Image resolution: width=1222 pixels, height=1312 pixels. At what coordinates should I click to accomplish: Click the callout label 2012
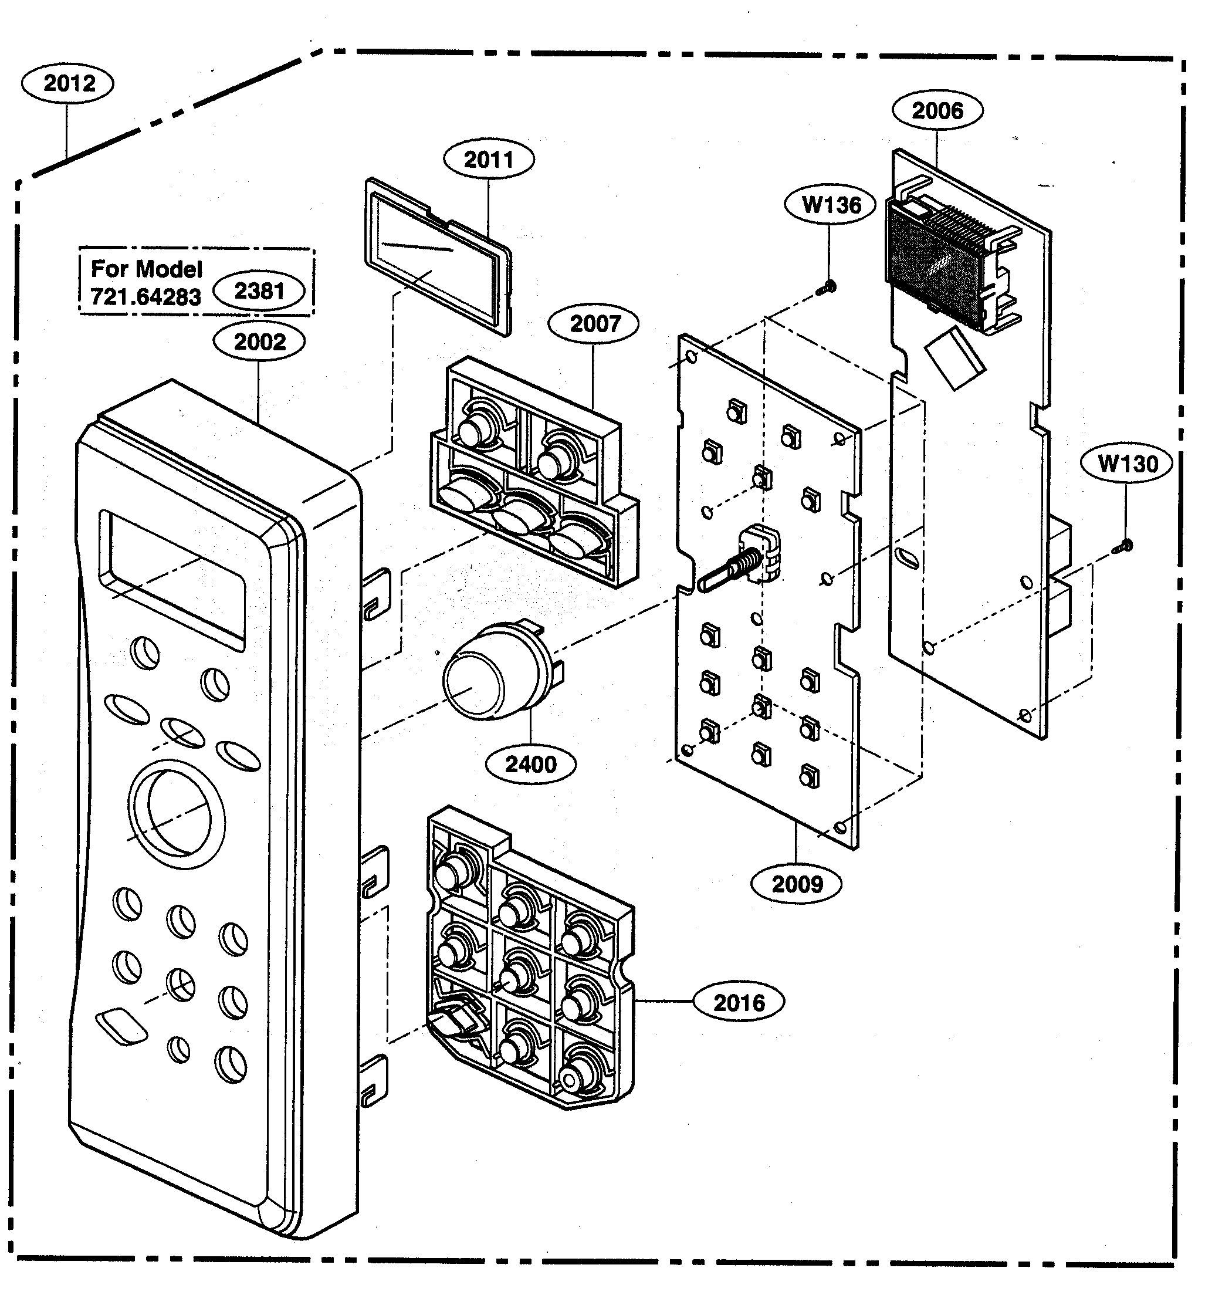[68, 84]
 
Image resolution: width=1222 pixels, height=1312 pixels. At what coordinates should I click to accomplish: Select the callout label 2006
[937, 111]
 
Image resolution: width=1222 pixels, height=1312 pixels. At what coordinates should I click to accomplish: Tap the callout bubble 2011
[488, 160]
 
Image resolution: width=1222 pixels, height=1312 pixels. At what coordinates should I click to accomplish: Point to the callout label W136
[831, 205]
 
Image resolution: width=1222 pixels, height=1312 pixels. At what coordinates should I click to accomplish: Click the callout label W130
[1127, 464]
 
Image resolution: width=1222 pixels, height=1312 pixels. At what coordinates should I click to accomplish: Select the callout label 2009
[797, 884]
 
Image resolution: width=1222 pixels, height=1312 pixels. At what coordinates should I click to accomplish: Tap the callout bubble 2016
[739, 1002]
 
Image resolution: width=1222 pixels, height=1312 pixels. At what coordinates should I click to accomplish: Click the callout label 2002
[259, 342]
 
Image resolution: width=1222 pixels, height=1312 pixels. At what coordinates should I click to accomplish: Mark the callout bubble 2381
[259, 291]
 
